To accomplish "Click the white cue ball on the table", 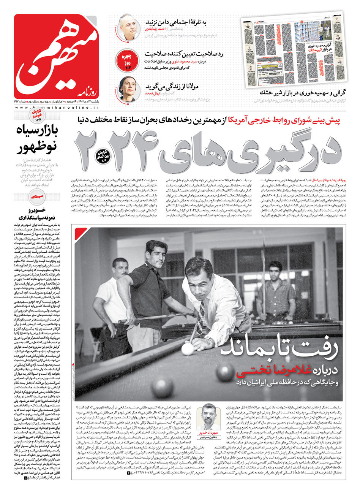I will [x=187, y=348].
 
